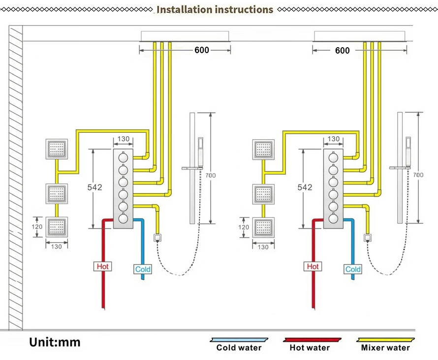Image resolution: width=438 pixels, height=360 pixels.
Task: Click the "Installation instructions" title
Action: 215,9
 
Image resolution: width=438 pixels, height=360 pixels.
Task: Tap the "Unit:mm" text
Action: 54,341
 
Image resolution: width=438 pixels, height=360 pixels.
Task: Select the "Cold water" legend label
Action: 239,348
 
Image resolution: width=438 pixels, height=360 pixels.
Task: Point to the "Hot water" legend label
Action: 310,348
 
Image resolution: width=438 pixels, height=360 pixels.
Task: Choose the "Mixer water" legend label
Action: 385,348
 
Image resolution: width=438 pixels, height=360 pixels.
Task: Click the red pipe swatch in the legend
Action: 313,340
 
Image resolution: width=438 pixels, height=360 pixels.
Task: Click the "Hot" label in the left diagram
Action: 102,267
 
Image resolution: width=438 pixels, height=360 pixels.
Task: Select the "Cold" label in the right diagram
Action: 353,269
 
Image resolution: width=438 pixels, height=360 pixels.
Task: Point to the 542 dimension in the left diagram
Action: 95,187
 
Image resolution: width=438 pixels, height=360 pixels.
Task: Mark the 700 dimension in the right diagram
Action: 418,175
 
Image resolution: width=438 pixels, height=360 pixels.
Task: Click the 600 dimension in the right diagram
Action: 343,50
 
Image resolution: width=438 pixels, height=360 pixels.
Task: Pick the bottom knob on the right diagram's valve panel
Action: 333,218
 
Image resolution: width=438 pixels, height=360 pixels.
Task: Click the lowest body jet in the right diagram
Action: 263,227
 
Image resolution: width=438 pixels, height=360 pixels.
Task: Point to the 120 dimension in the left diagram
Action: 37,227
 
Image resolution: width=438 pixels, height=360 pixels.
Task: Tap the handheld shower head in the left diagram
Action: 201,150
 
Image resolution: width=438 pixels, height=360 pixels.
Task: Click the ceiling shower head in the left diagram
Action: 185,35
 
